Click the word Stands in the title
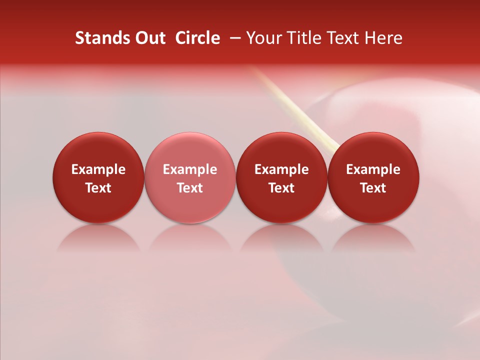(99, 38)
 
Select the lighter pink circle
(190, 150)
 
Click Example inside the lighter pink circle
(190, 169)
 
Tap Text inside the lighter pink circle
(190, 188)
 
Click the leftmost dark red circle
(98, 150)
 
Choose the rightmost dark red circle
(373, 150)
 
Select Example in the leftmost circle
(98, 169)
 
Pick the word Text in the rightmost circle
(373, 188)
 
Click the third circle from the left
(281, 150)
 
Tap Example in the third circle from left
(281, 169)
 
